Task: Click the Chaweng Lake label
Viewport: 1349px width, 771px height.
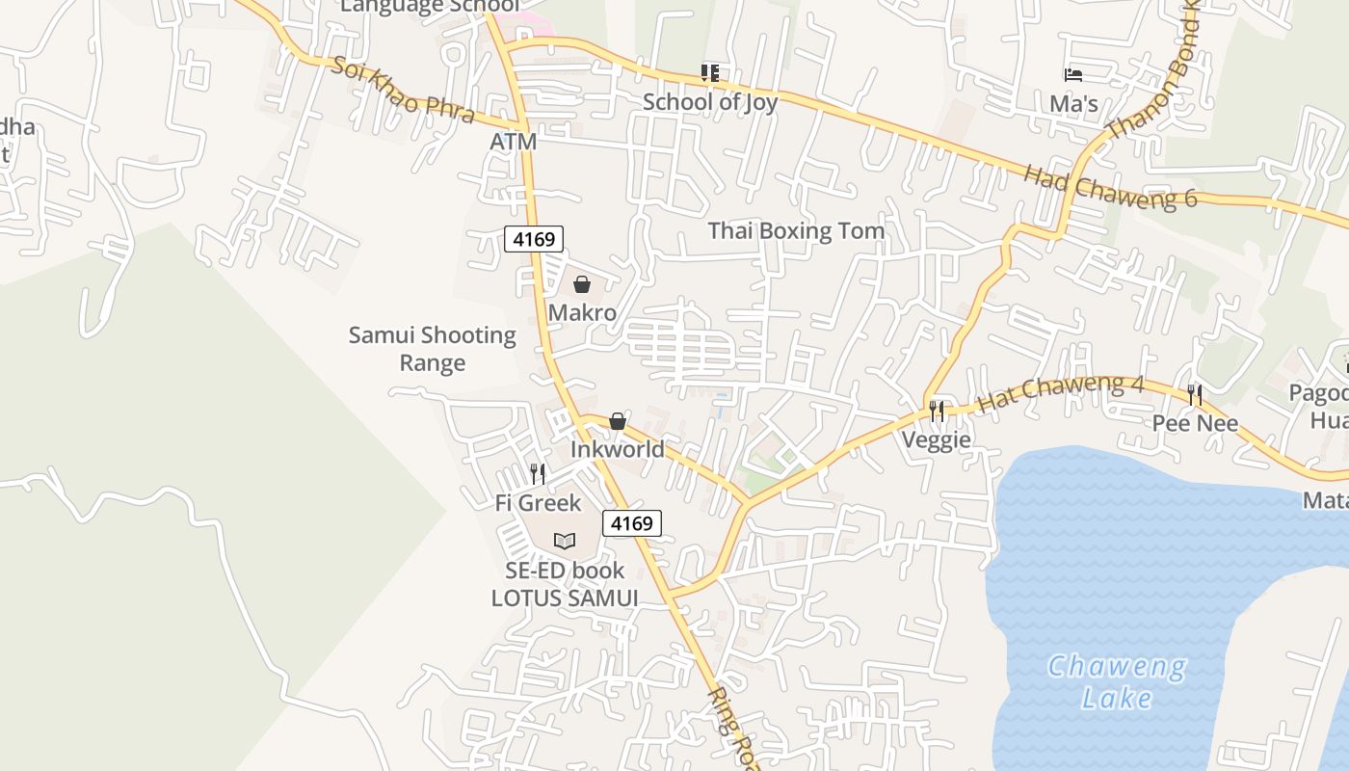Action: pyautogui.click(x=1117, y=681)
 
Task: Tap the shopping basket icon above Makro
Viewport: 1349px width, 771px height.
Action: pyautogui.click(x=582, y=284)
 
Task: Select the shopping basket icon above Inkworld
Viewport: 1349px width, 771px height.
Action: pyautogui.click(x=618, y=421)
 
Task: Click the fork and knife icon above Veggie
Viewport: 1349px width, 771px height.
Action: pyautogui.click(x=937, y=412)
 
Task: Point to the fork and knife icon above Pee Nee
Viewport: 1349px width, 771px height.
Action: pyautogui.click(x=1195, y=395)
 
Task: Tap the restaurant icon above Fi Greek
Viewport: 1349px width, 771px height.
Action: pyautogui.click(x=538, y=474)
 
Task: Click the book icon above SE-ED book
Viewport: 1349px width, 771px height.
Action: pyautogui.click(x=565, y=542)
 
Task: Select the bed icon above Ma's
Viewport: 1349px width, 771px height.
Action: pyautogui.click(x=1073, y=74)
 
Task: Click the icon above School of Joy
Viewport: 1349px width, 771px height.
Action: pyautogui.click(x=710, y=72)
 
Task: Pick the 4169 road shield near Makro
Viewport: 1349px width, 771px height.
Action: pyautogui.click(x=534, y=238)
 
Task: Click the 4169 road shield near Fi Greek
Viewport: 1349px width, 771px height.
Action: pyautogui.click(x=632, y=523)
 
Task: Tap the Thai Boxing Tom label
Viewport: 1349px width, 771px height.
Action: pyautogui.click(x=796, y=231)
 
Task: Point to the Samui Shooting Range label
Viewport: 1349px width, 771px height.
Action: pyautogui.click(x=433, y=349)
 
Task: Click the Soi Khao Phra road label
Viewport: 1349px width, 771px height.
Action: pyautogui.click(x=403, y=90)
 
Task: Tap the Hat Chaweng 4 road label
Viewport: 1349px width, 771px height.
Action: pyautogui.click(x=1061, y=393)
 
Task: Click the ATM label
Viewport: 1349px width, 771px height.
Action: pyautogui.click(x=513, y=142)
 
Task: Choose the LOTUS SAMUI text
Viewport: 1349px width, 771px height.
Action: pyautogui.click(x=565, y=598)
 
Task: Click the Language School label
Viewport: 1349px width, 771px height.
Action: pyautogui.click(x=430, y=7)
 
